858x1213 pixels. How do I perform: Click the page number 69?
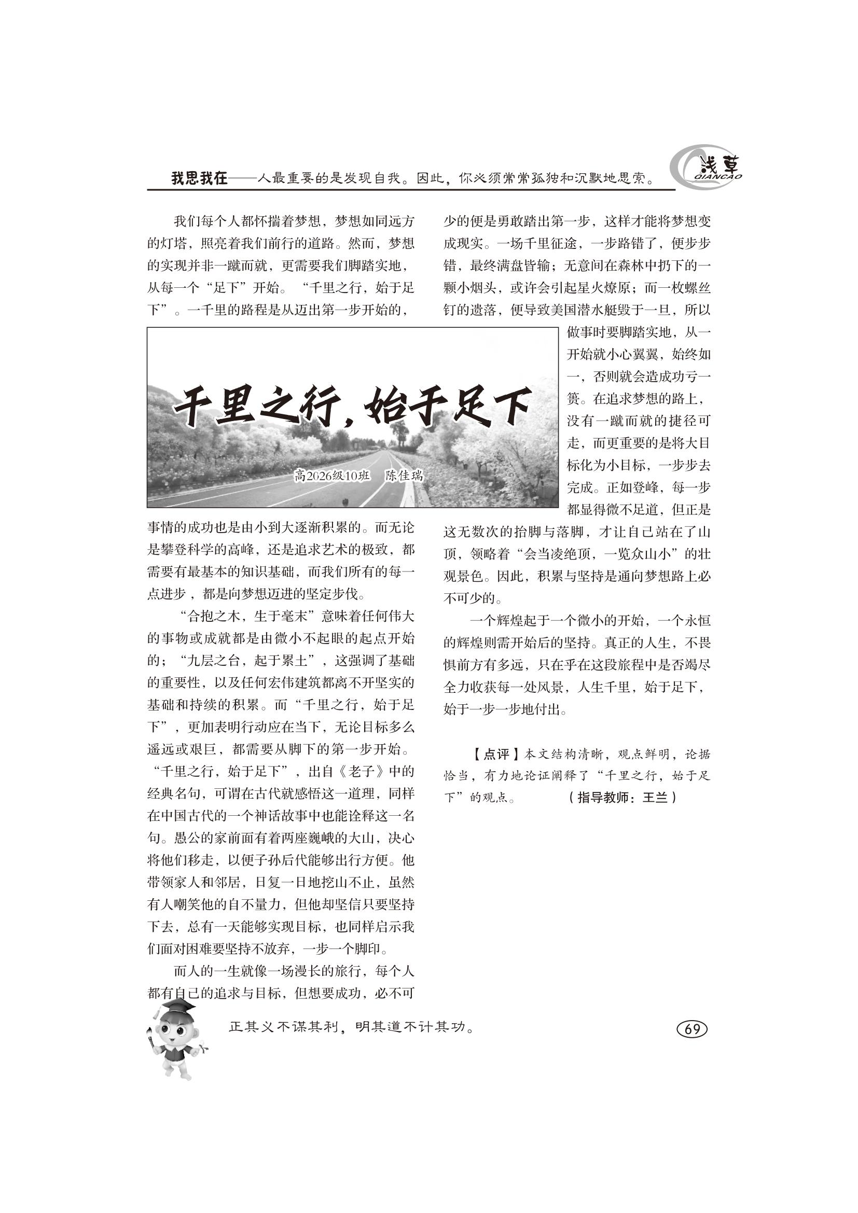pos(691,1029)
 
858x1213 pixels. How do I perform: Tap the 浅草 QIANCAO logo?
pos(707,169)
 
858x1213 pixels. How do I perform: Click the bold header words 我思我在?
pos(199,179)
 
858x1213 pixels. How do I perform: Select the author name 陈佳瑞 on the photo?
pos(404,475)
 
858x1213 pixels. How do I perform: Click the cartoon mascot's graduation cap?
pos(173,1010)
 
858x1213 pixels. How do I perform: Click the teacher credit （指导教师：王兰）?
pos(622,798)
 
